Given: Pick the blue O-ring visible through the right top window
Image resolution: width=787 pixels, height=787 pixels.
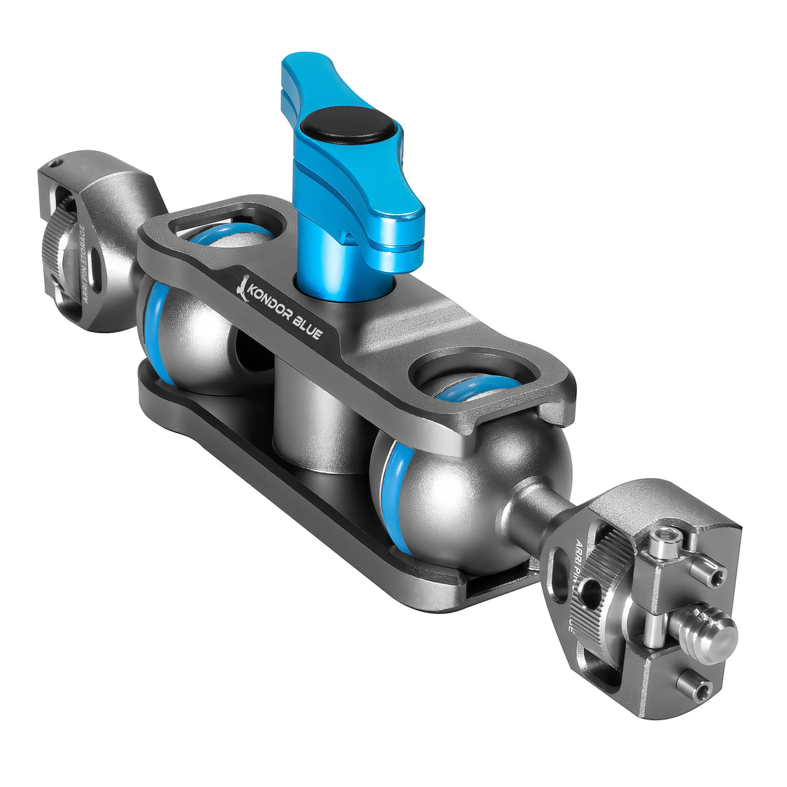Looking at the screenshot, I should tap(476, 389).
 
